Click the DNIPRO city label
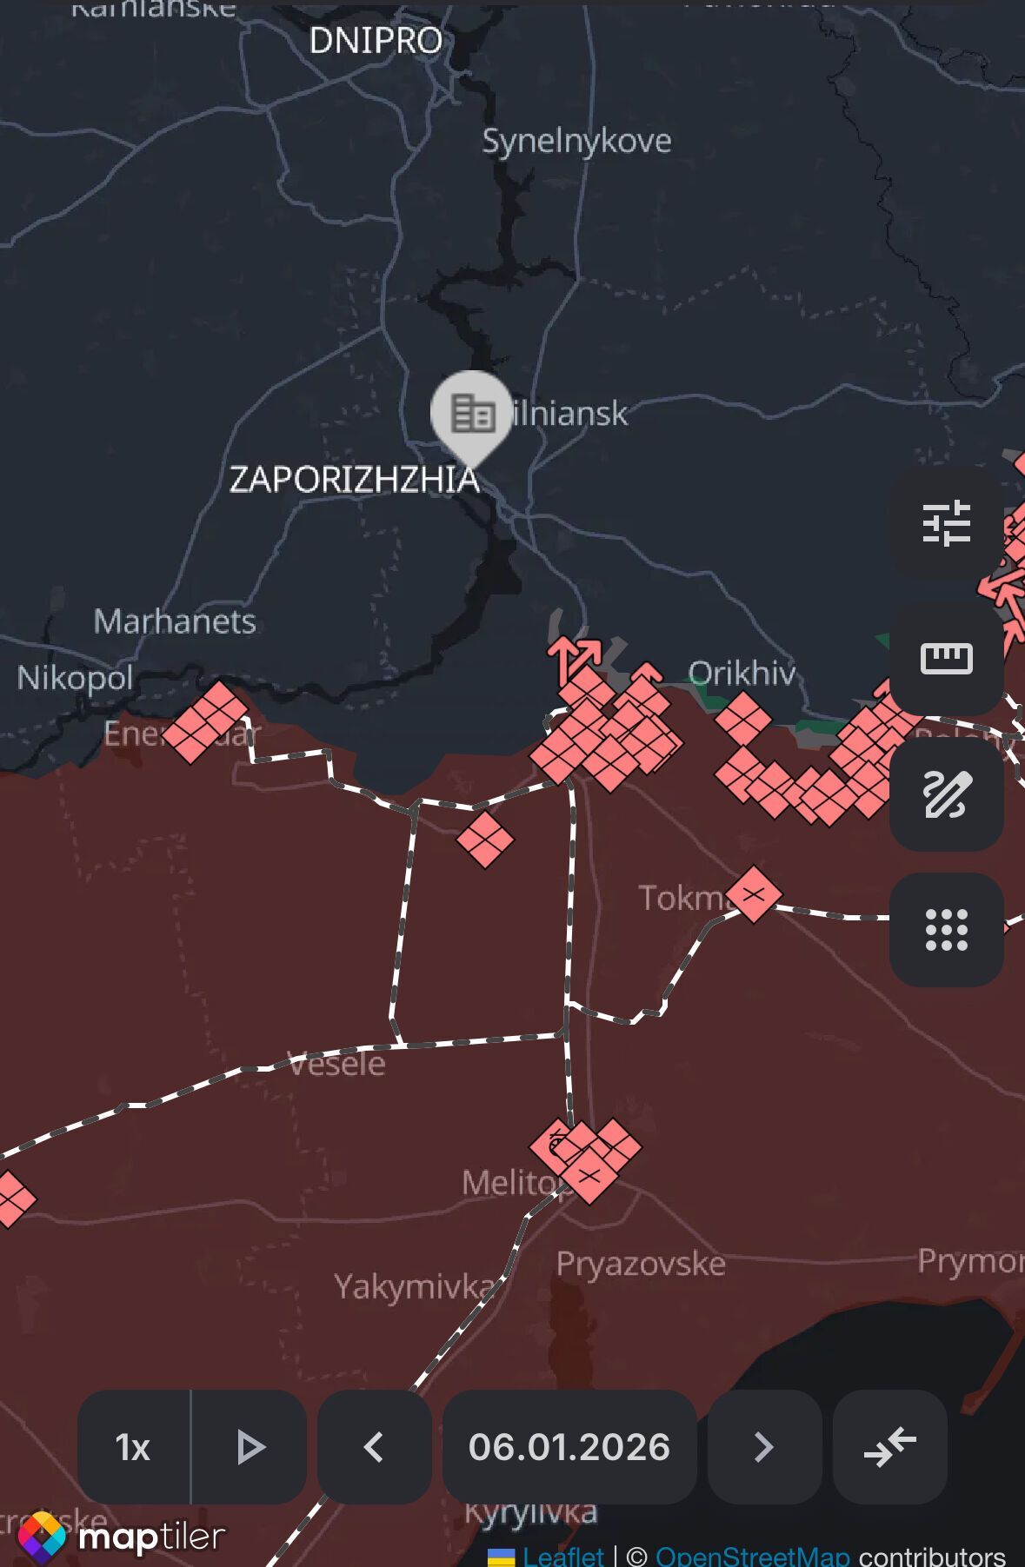(x=376, y=41)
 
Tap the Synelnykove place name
(x=576, y=141)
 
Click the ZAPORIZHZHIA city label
(x=354, y=479)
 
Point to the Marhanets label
(x=175, y=621)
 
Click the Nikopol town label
(x=75, y=678)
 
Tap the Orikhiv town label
(x=742, y=673)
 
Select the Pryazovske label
(x=641, y=1264)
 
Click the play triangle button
(x=250, y=1447)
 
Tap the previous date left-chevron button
(x=374, y=1447)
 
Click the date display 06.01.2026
(x=569, y=1447)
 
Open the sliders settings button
(x=946, y=523)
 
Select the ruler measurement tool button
(x=946, y=659)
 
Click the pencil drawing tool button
(x=946, y=794)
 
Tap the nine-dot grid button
(x=946, y=930)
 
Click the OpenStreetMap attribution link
(x=752, y=1556)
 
